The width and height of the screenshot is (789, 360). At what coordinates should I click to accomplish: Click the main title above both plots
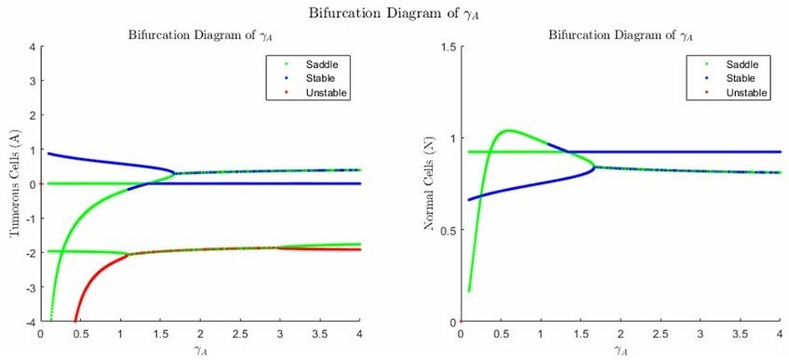pyautogui.click(x=394, y=12)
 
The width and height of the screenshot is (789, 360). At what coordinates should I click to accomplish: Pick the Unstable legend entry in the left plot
pyautogui.click(x=313, y=93)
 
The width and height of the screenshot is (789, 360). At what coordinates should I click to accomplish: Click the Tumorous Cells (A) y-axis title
pyautogui.click(x=16, y=184)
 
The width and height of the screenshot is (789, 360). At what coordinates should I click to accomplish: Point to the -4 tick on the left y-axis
pyautogui.click(x=30, y=322)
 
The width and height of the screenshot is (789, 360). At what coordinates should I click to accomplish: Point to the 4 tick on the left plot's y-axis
pyautogui.click(x=33, y=47)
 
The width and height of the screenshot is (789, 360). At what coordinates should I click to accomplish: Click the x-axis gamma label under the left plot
pyautogui.click(x=200, y=350)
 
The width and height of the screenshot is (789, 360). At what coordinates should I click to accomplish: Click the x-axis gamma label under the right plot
pyautogui.click(x=621, y=350)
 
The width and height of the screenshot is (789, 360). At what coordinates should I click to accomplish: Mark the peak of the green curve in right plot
pyautogui.click(x=508, y=130)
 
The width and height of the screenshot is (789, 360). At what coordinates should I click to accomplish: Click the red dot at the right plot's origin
pyautogui.click(x=461, y=322)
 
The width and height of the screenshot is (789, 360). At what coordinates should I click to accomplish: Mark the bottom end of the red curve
pyautogui.click(x=74, y=320)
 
